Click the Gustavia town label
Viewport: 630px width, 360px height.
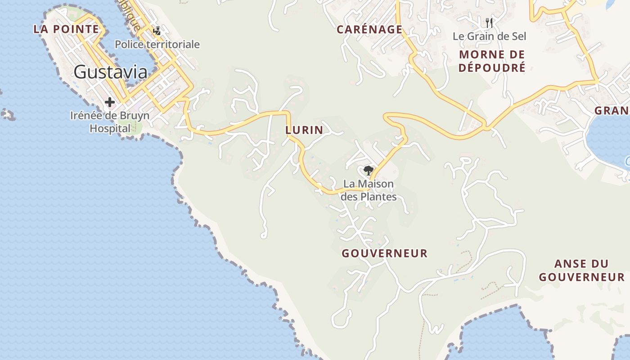tap(110, 72)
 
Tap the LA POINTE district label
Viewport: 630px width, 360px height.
tap(66, 29)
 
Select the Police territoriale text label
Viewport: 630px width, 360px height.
tap(157, 45)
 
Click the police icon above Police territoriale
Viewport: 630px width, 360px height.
tap(157, 31)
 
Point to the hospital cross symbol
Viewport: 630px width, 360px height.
tap(109, 103)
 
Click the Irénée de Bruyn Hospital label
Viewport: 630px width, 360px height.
tap(110, 121)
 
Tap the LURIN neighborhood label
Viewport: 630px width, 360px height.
tap(304, 130)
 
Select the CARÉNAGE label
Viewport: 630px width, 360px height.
tap(369, 30)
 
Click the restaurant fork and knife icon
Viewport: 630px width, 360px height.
tap(489, 22)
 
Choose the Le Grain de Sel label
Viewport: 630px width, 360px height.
tap(489, 36)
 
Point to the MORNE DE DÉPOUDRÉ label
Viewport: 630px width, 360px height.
tap(492, 61)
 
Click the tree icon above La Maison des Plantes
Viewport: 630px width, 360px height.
tap(369, 171)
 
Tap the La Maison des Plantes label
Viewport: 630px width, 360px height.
tap(369, 190)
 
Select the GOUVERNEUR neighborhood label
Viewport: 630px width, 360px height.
tap(384, 253)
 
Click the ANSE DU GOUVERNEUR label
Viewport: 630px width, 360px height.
tap(581, 270)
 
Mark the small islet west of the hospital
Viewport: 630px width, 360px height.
tap(8, 114)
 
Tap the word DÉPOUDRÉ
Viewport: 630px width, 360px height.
tap(492, 68)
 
